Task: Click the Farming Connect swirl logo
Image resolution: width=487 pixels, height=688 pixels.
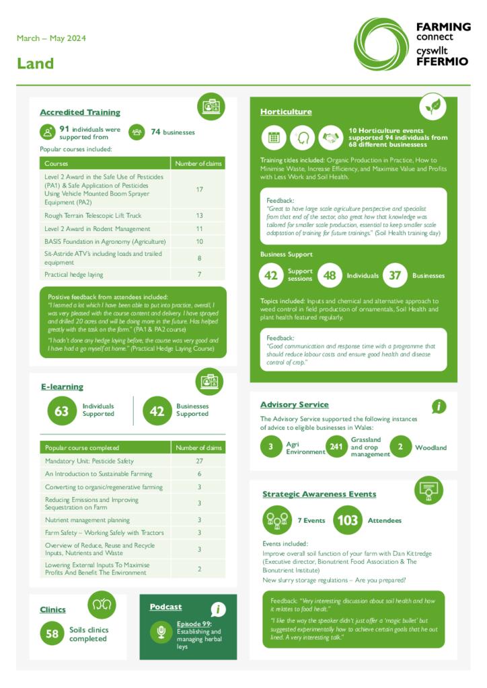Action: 381,44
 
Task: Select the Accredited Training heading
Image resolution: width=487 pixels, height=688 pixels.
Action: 80,112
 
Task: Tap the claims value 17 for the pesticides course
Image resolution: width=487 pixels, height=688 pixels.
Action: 199,189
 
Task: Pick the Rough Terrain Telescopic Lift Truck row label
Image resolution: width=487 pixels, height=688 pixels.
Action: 93,216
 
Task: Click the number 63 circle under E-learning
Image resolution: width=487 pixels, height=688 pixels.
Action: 61,411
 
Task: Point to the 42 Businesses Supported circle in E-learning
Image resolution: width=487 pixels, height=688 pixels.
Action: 157,411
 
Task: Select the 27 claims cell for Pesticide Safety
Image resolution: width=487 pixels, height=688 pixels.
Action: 199,461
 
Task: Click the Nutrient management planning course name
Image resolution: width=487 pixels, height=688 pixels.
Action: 87,520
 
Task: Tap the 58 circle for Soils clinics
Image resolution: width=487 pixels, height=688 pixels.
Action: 52,634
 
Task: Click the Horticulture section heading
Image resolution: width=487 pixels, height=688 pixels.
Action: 286,112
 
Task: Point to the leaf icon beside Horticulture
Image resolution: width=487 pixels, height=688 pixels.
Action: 433,107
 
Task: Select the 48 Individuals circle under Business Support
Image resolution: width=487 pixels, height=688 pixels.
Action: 329,275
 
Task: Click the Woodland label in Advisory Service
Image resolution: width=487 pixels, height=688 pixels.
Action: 430,447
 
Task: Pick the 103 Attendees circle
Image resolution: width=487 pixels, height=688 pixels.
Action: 348,520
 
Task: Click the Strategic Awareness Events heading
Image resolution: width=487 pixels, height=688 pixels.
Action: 319,494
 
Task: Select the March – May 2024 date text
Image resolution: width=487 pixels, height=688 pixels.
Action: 51,38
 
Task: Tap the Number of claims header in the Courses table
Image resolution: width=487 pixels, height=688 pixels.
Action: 198,163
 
